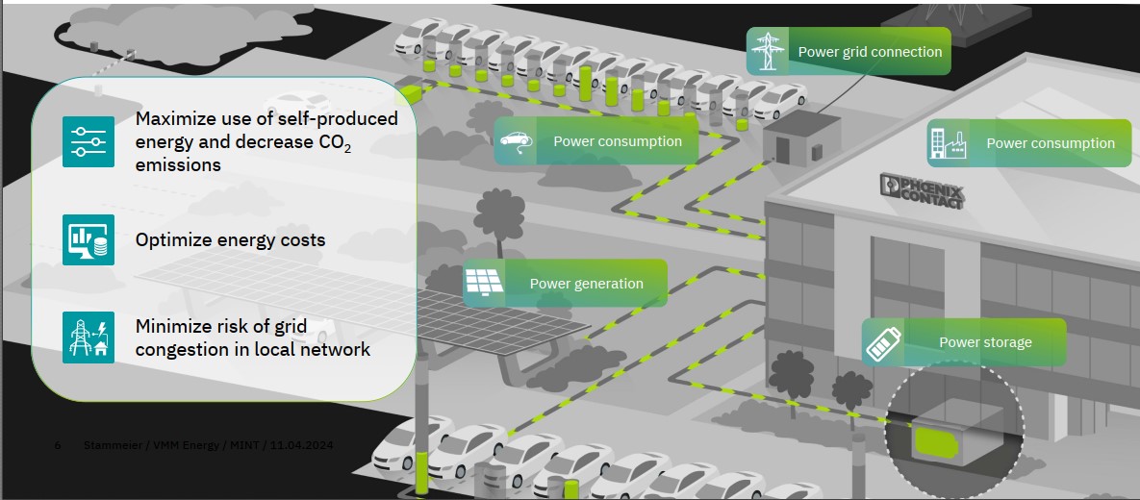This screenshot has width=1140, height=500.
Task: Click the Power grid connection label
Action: [870, 52]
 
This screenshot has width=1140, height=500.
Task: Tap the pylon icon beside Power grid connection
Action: [768, 52]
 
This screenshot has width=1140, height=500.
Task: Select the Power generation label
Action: [586, 284]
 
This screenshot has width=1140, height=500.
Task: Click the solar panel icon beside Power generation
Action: [484, 283]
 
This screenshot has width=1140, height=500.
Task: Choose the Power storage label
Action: [985, 342]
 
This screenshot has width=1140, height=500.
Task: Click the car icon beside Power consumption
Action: [515, 142]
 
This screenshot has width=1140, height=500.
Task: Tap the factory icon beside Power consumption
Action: [947, 143]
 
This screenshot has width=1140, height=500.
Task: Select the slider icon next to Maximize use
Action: [89, 141]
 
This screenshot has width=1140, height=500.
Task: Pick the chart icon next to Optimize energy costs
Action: [89, 239]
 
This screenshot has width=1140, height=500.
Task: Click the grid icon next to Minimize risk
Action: [89, 337]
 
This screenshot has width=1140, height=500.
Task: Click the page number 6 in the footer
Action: [58, 445]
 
